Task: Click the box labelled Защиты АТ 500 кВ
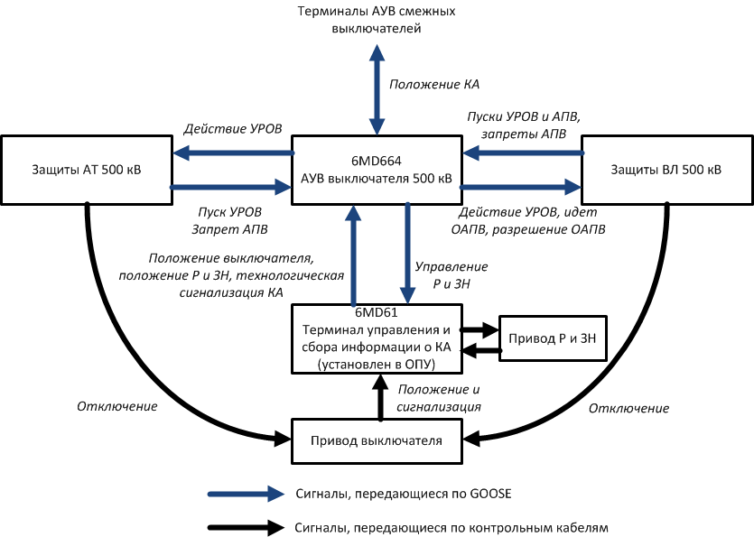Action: tap(87, 170)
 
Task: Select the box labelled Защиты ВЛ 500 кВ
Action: tap(666, 170)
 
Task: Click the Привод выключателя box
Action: tap(377, 440)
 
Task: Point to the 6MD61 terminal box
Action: tap(377, 338)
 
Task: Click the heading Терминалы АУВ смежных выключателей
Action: tap(377, 20)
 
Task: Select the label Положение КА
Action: tap(434, 85)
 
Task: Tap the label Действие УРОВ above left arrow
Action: tap(233, 129)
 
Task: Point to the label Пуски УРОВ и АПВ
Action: tap(524, 117)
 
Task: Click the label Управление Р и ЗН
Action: tap(451, 275)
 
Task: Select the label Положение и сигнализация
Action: tap(439, 398)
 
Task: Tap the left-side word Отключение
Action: tap(117, 407)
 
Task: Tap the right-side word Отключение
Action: tap(629, 409)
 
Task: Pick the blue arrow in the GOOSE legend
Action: tap(246, 495)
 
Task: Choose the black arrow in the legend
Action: tap(246, 526)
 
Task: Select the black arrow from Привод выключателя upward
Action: tap(379, 397)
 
